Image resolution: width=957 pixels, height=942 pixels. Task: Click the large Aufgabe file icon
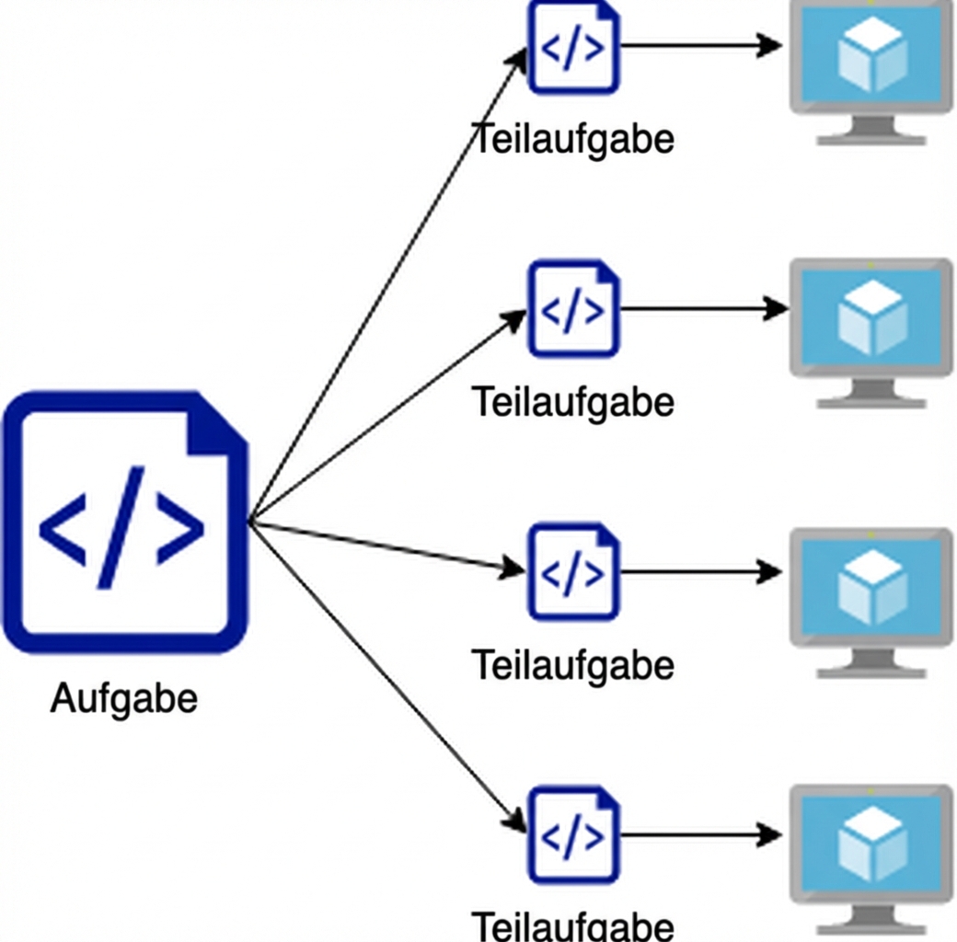coord(124,523)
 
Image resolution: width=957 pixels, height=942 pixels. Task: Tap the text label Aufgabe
coord(123,698)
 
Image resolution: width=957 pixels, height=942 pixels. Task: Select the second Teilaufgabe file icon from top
coord(573,309)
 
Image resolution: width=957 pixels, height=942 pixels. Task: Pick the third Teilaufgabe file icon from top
coord(573,571)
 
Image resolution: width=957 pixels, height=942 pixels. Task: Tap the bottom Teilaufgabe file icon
coord(573,834)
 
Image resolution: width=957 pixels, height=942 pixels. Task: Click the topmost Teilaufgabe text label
coord(573,140)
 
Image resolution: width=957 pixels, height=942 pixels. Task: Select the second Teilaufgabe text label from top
coord(573,402)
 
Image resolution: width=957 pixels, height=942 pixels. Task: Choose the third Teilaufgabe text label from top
coord(573,664)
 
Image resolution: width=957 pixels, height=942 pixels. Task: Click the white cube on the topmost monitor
coord(871,55)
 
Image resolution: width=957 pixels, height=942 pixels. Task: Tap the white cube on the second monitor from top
coord(871,318)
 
